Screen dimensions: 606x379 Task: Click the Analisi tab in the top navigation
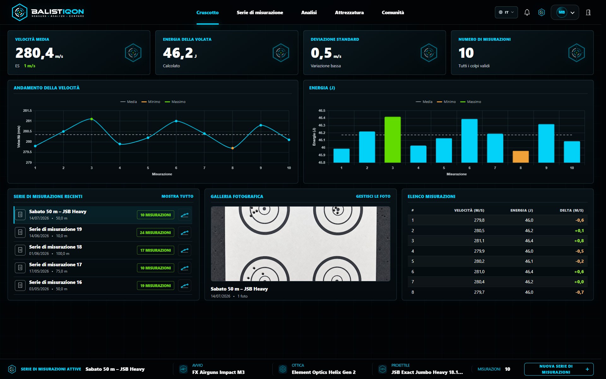coord(309,13)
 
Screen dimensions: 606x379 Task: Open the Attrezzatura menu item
coord(349,13)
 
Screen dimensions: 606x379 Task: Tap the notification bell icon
coord(527,12)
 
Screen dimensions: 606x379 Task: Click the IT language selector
coord(506,12)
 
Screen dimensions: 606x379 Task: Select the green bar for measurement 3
coord(393,140)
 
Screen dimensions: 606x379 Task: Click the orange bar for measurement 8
coord(520,157)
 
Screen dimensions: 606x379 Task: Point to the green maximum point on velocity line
coord(92,119)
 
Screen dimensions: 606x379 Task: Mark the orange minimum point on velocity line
coord(233,148)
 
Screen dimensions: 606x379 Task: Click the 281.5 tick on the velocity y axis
coord(27,111)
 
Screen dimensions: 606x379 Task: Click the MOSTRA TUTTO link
coord(177,196)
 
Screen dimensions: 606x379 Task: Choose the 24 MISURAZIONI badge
coord(155,232)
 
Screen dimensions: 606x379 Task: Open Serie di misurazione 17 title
coord(56,265)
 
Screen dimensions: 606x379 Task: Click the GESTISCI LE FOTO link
coord(373,196)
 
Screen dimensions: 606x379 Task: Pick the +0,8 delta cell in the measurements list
coord(579,241)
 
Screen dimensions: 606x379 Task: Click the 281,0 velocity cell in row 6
coord(479,272)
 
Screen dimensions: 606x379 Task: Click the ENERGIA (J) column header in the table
coord(521,210)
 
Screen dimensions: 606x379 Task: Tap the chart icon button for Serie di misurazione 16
coord(185,286)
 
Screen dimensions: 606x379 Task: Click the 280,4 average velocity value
coord(35,53)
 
